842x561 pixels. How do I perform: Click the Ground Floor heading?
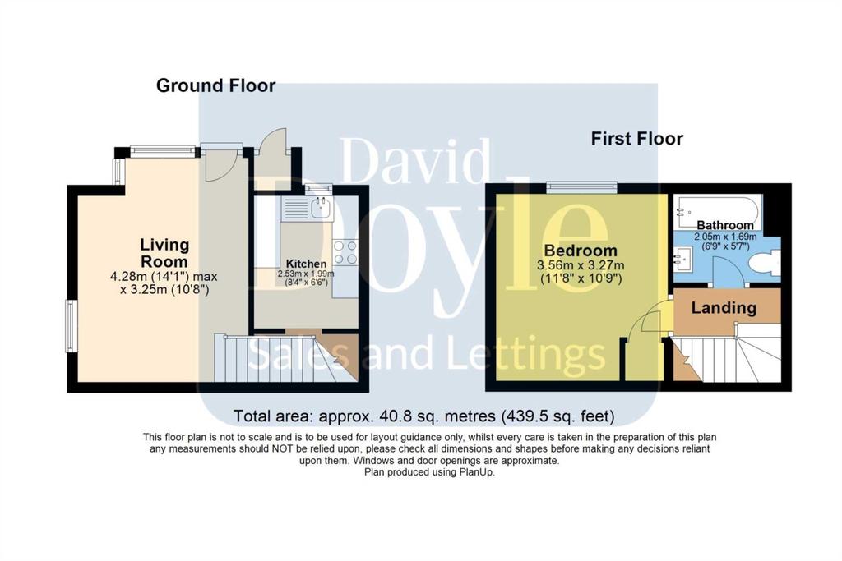coord(216,85)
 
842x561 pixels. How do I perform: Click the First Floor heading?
coord(637,139)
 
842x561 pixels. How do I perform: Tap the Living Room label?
coord(164,253)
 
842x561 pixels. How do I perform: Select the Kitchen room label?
coord(306,264)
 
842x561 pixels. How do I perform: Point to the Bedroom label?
coord(581,250)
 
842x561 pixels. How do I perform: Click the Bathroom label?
coord(725,225)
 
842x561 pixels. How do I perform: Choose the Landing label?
coord(724,308)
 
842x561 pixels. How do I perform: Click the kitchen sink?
coord(322,207)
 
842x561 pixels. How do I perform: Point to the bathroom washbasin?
coord(683,260)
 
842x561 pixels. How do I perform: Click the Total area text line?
coord(424,416)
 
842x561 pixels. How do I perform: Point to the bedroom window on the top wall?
coord(581,186)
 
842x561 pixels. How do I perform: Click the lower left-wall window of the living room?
coord(70,326)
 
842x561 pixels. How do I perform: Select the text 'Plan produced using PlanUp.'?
coord(429,472)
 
